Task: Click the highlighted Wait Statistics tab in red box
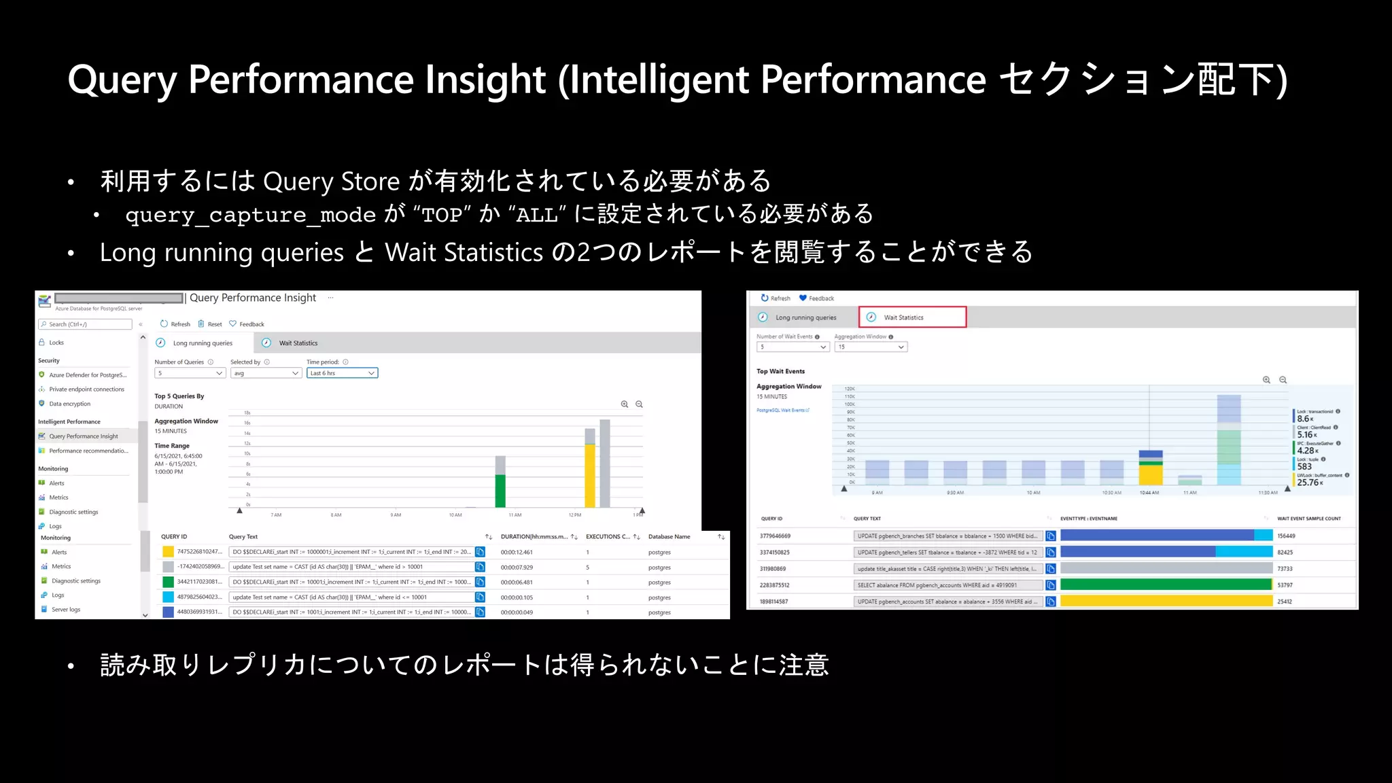(x=911, y=317)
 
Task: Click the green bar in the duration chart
(x=500, y=491)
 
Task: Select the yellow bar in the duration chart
(x=590, y=476)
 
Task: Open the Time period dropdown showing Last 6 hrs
(x=342, y=373)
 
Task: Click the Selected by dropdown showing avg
(x=266, y=373)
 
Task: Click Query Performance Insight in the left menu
(x=84, y=436)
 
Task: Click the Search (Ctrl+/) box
(x=86, y=324)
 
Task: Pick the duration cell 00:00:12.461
(x=517, y=553)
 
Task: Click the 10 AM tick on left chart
(x=455, y=515)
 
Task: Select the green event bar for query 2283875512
(x=1165, y=585)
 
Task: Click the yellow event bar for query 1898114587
(x=1165, y=601)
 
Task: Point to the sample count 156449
(x=1286, y=536)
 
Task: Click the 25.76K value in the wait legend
(x=1308, y=483)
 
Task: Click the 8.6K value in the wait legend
(x=1304, y=419)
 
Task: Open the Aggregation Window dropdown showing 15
(x=871, y=347)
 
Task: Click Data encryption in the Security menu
(x=69, y=404)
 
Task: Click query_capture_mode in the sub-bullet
(x=250, y=215)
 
